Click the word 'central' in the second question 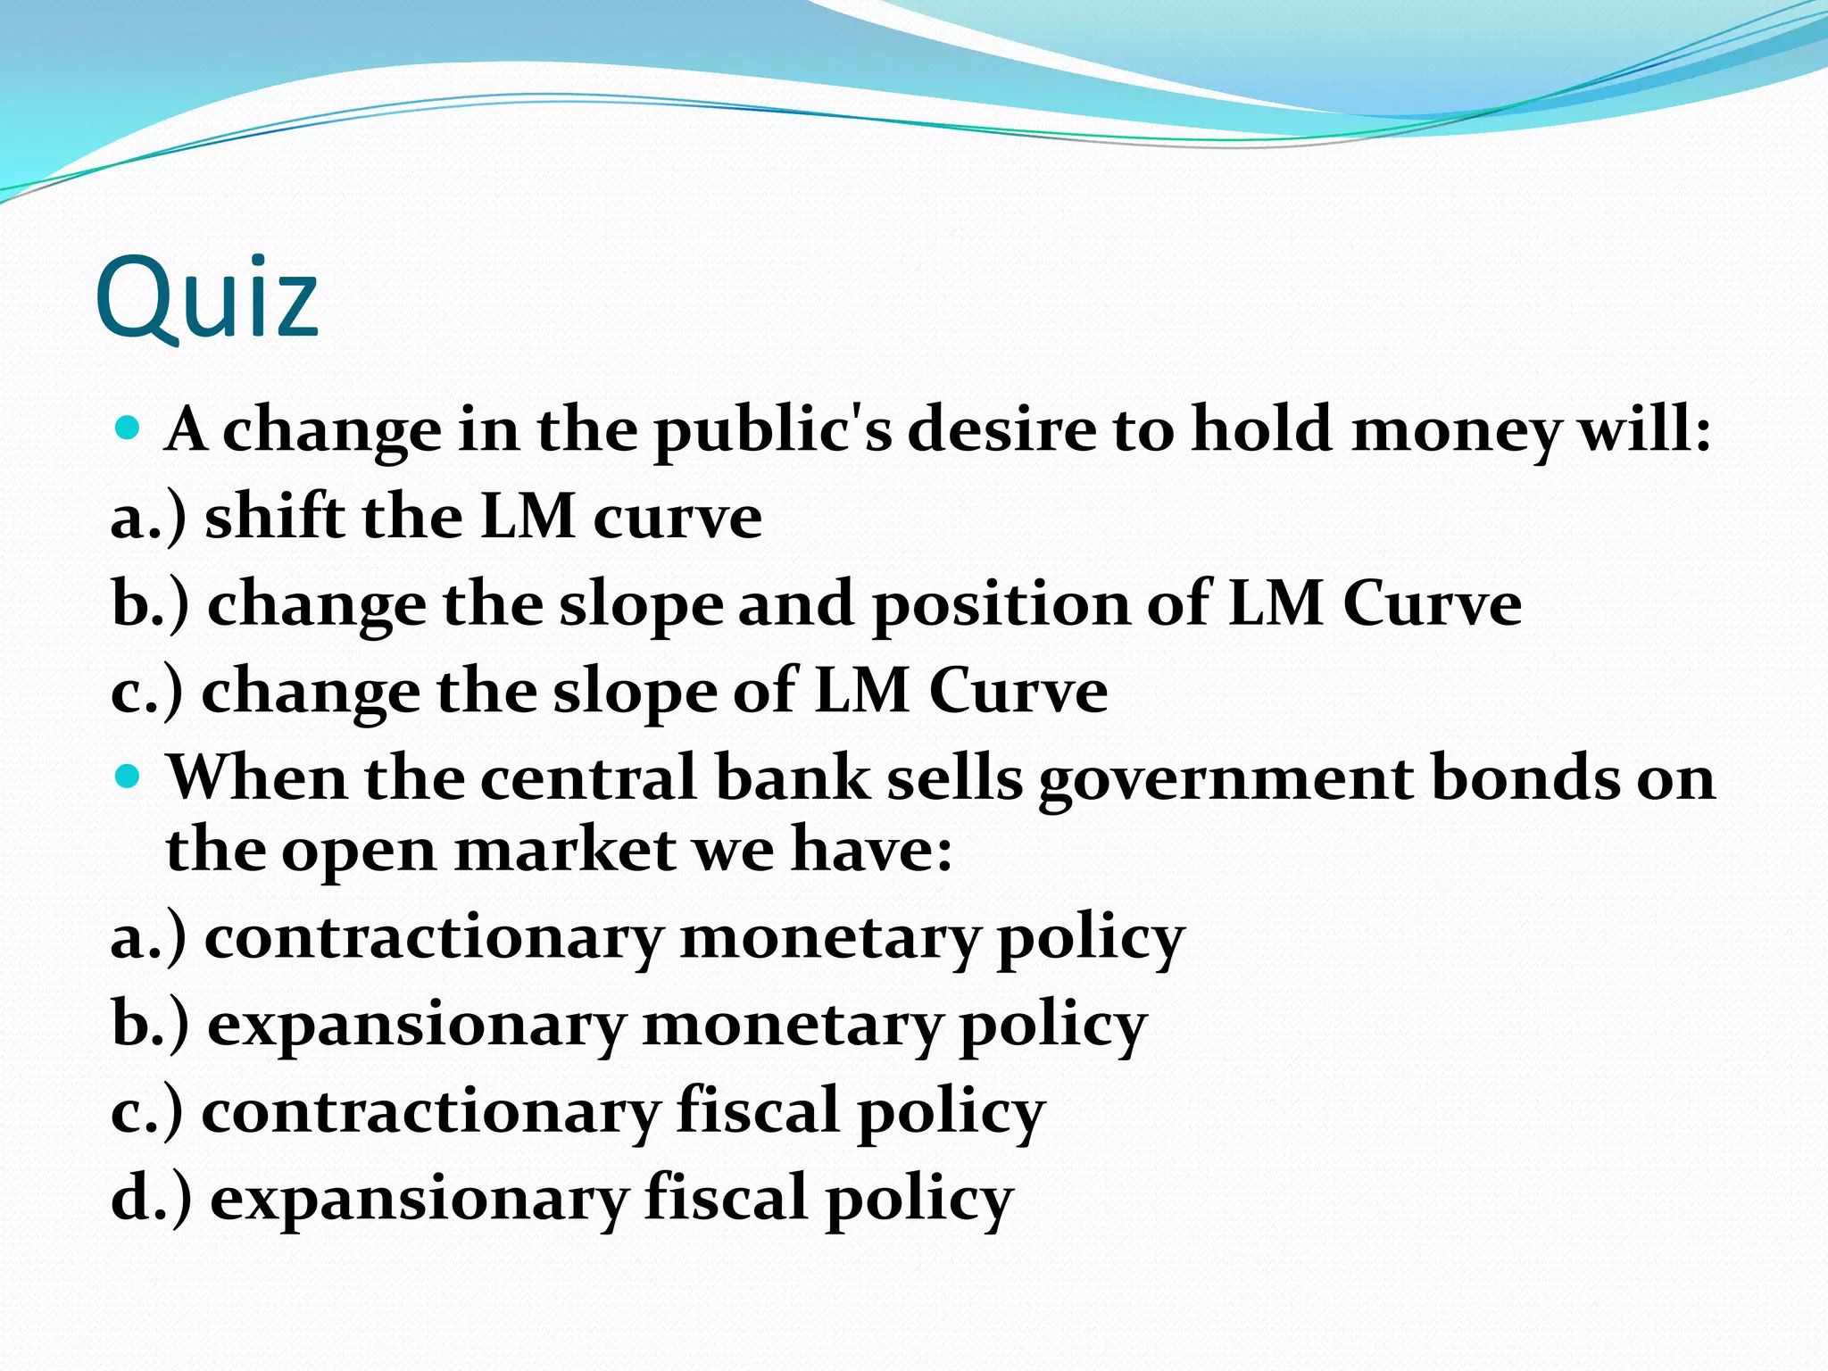pyautogui.click(x=589, y=777)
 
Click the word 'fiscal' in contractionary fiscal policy pyautogui.click(x=758, y=1111)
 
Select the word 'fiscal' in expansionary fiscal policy pyautogui.click(x=726, y=1198)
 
